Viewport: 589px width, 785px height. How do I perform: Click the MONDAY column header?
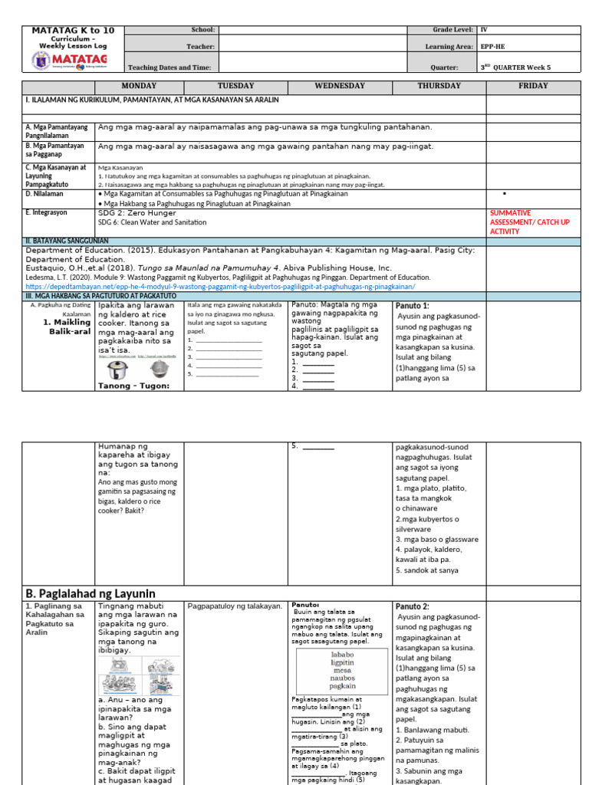[139, 86]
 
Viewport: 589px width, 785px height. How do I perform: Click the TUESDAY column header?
[235, 86]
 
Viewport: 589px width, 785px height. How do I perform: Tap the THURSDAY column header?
[439, 86]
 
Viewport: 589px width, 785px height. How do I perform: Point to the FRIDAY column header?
[533, 86]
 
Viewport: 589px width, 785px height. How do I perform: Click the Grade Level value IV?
[484, 29]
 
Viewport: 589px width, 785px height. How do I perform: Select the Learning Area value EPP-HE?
[492, 47]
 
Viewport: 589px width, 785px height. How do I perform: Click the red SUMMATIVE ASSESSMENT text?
[522, 222]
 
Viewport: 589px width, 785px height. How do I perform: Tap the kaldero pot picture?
[159, 368]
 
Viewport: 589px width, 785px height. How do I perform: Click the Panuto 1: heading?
[413, 305]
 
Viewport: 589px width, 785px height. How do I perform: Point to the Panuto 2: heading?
[413, 606]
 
